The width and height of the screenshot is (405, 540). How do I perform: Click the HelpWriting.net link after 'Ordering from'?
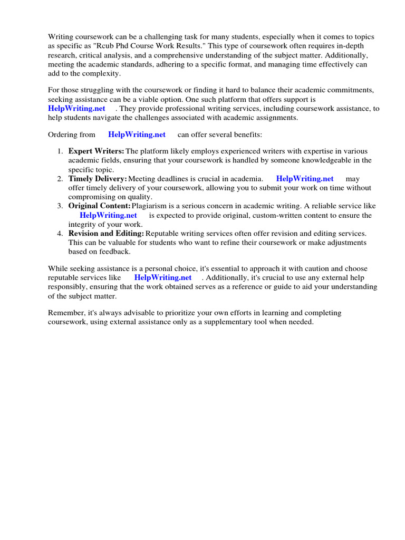coord(137,134)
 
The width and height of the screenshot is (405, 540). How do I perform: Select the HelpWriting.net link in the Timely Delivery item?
coord(305,179)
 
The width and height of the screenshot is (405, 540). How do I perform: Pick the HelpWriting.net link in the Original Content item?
coord(108,215)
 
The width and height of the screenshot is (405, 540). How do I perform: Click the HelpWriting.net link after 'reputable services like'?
coord(162,277)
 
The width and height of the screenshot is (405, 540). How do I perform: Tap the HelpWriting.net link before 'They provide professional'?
coord(77,108)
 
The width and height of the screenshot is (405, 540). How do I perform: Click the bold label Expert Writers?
coord(97,151)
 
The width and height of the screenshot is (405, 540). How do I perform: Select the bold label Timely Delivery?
coord(98,179)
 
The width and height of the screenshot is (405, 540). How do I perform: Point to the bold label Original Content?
coord(99,206)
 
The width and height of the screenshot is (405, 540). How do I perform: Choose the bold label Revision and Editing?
coord(106,233)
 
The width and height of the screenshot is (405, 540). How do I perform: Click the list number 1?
coord(60,151)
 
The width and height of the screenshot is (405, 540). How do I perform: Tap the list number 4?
coord(60,233)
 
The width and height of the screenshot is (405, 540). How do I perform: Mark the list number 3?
coord(60,206)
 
